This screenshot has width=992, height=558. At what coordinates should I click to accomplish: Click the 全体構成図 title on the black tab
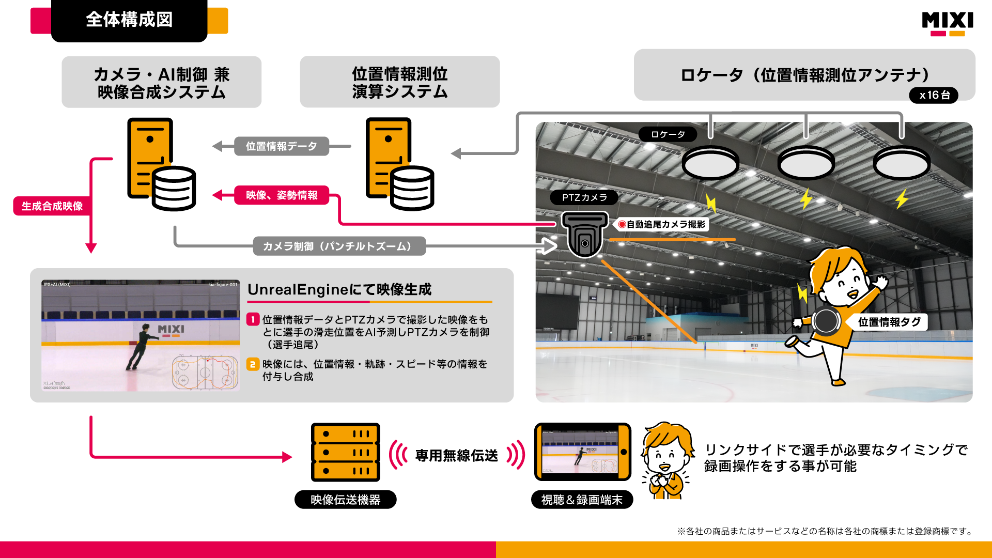(129, 20)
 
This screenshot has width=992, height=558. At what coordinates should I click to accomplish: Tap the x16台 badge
(934, 95)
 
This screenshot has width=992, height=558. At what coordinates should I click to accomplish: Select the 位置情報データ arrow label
(281, 146)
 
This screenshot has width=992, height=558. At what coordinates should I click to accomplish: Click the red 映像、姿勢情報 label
(282, 195)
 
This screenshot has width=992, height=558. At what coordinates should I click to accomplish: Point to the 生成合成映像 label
(52, 206)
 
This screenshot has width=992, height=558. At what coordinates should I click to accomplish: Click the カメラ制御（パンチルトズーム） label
(339, 246)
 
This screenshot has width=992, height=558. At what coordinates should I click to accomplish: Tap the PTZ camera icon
(584, 235)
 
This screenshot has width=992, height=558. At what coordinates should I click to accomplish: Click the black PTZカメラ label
(584, 197)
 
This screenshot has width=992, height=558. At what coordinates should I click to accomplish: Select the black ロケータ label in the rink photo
(668, 134)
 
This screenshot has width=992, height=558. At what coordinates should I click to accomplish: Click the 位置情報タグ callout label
(889, 322)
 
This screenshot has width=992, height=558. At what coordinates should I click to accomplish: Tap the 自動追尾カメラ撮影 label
(662, 224)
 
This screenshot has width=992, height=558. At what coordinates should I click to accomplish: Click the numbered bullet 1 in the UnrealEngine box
(253, 319)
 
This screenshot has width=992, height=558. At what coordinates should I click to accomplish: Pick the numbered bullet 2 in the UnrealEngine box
(253, 364)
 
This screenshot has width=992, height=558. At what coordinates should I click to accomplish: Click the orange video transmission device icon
(345, 453)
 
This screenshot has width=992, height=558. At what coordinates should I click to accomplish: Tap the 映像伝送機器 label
(345, 500)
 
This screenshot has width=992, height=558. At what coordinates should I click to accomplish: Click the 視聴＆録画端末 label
(582, 500)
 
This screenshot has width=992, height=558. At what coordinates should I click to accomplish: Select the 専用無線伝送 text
(457, 455)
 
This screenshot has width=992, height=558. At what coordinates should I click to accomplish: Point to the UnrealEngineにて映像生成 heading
(339, 289)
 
